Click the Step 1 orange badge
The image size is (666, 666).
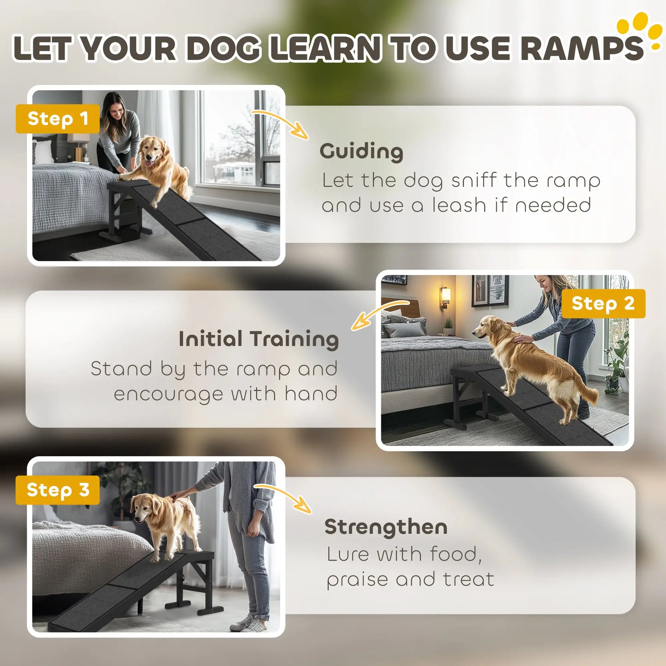click(58, 118)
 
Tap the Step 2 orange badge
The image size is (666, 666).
click(603, 303)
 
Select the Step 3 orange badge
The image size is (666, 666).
click(58, 490)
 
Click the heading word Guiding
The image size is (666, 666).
click(361, 152)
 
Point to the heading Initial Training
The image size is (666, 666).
click(259, 339)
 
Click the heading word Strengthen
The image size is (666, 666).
click(386, 527)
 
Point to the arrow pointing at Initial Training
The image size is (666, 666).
click(375, 311)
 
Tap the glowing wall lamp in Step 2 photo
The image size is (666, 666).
click(445, 296)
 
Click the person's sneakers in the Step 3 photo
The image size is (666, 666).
click(249, 623)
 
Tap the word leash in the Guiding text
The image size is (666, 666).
click(459, 205)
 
